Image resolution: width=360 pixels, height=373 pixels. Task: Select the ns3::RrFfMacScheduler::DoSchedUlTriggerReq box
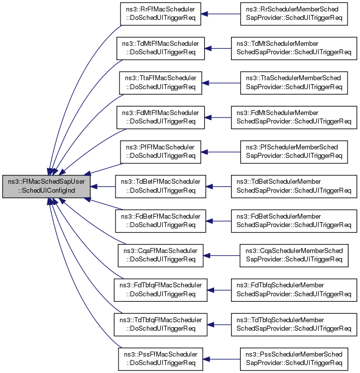click(x=160, y=13)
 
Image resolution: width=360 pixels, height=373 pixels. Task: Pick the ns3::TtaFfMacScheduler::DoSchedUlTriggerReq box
click(x=160, y=82)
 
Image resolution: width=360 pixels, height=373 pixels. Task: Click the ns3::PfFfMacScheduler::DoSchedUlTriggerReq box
click(x=160, y=151)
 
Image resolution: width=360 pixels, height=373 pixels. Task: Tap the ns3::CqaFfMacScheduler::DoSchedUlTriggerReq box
click(x=160, y=255)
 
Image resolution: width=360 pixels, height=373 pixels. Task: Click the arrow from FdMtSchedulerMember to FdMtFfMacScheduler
click(x=219, y=117)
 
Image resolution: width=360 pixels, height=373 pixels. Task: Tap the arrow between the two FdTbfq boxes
click(x=219, y=289)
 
